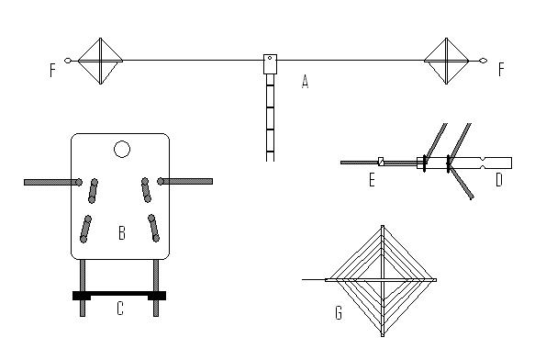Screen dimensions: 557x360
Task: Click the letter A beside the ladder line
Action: click(305, 82)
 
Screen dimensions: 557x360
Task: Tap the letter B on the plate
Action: click(122, 233)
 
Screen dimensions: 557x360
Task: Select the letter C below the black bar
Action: click(120, 309)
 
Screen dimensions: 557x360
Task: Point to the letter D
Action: click(499, 180)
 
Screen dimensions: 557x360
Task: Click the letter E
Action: click(372, 180)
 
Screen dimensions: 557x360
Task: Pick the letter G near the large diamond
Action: click(339, 313)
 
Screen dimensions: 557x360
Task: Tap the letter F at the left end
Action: click(52, 70)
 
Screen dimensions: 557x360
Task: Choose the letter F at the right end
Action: click(501, 69)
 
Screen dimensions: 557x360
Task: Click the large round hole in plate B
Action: click(122, 150)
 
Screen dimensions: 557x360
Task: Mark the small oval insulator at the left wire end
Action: click(68, 61)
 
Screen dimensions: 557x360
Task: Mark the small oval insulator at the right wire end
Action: click(483, 61)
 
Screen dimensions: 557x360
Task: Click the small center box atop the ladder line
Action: click(270, 64)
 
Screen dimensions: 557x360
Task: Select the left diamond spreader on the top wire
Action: click(101, 62)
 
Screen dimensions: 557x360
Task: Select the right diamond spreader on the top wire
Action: click(447, 62)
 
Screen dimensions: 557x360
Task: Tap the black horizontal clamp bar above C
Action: click(119, 296)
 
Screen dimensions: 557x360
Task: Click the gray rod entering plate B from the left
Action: click(52, 183)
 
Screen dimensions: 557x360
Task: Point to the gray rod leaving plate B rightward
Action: click(185, 181)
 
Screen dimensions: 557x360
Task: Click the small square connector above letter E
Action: click(381, 162)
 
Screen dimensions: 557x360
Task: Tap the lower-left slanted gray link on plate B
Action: click(85, 230)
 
